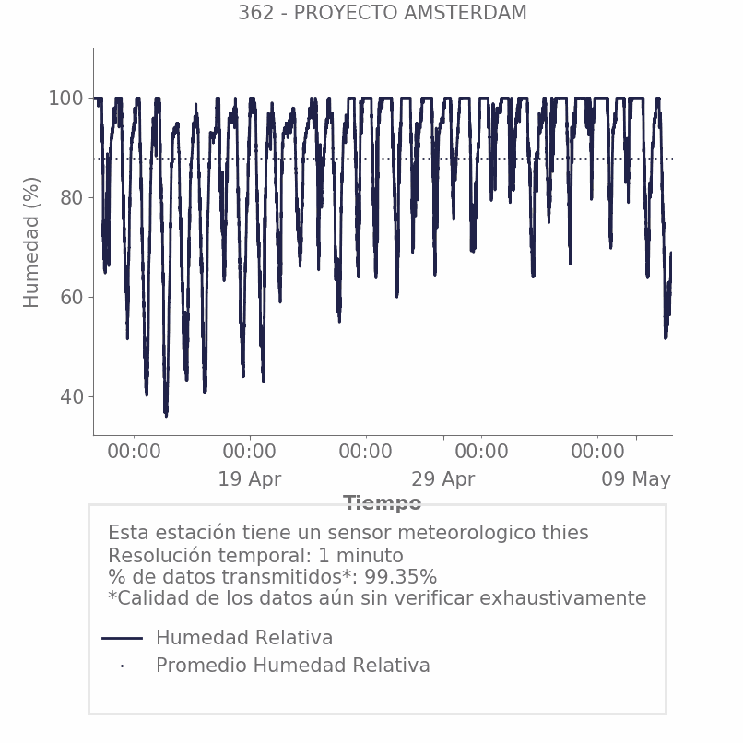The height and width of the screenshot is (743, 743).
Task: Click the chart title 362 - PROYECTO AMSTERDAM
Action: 382,13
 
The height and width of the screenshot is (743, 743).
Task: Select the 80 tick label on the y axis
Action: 72,198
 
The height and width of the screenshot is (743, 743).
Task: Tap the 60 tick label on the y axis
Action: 72,298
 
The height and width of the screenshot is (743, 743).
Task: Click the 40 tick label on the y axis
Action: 72,397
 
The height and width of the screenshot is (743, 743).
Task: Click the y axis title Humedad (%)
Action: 31,242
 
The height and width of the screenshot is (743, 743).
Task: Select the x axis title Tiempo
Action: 382,502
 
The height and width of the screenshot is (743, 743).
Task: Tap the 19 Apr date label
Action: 249,479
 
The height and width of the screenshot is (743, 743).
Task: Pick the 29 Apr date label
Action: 442,479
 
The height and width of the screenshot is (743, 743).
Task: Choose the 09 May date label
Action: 636,479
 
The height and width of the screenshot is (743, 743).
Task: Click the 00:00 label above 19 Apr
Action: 249,452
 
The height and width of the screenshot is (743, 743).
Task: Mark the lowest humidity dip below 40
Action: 166,415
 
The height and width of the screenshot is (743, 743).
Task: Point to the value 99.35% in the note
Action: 400,577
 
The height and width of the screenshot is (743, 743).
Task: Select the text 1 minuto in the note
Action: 360,555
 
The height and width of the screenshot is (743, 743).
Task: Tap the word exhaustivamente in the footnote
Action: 563,598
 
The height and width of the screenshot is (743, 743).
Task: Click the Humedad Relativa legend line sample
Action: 122,638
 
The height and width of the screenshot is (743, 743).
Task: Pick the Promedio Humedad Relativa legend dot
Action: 123,666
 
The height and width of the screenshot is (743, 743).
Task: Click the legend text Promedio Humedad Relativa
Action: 293,666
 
